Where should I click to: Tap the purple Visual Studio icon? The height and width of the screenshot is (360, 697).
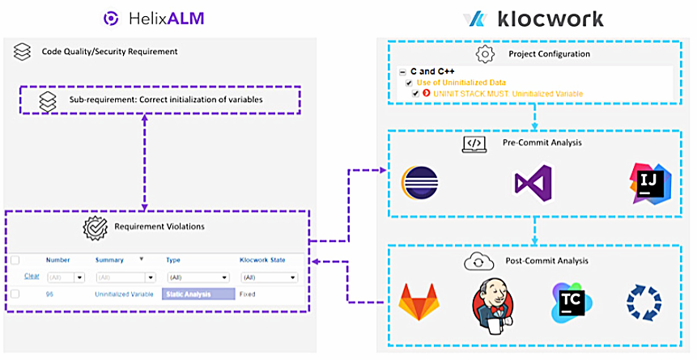(533, 184)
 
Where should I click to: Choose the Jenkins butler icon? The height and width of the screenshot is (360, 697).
(493, 303)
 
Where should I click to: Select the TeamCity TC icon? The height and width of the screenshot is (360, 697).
(569, 303)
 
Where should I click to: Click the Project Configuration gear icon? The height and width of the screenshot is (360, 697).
(485, 54)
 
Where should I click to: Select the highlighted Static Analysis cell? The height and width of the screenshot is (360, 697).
(198, 294)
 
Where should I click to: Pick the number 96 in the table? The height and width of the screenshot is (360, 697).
(50, 294)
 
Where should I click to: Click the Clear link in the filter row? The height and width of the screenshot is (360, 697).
(32, 276)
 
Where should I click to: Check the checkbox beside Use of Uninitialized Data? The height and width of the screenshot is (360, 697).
(410, 83)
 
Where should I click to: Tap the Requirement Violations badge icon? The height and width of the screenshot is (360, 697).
(96, 227)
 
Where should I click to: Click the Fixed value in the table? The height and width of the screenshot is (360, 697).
(248, 294)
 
